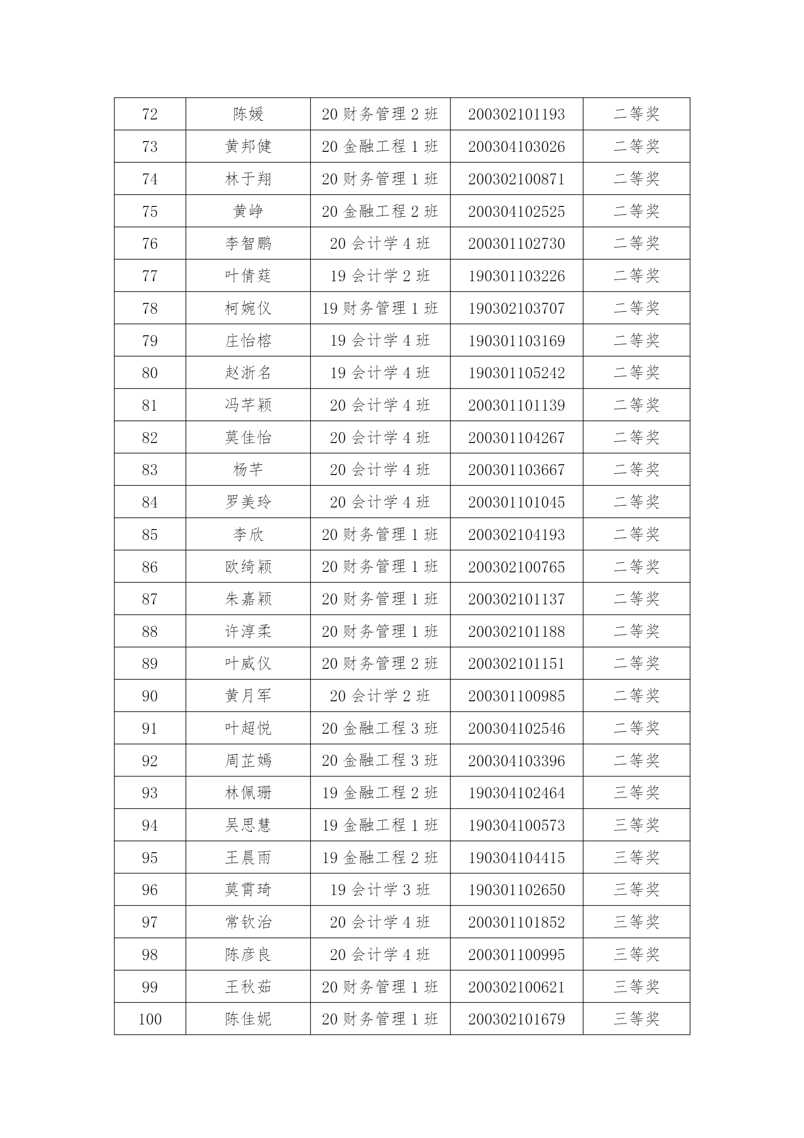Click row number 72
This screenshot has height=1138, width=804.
150,114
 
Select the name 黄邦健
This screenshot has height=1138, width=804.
248,146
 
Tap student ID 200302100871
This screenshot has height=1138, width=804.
516,179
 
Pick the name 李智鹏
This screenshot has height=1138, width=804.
248,243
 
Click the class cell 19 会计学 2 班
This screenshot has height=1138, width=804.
380,275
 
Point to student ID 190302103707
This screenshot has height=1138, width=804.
516,308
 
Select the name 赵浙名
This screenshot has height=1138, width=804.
248,373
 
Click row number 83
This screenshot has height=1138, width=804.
150,469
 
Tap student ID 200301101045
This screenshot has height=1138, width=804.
516,502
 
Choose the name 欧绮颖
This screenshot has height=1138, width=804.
248,567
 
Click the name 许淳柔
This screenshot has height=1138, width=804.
248,631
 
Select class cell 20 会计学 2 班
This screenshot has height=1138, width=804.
380,696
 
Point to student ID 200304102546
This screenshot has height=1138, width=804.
516,728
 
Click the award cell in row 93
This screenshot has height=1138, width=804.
636,792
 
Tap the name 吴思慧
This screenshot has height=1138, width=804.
248,825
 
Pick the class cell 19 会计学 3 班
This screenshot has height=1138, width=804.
380,890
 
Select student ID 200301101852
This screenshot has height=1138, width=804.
516,922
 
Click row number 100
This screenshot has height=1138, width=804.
150,1019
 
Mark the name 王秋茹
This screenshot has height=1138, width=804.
248,987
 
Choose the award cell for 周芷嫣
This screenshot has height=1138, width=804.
636,760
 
